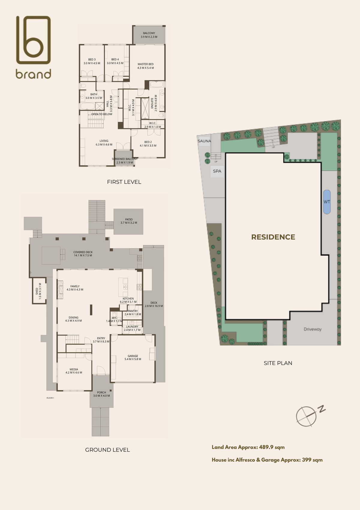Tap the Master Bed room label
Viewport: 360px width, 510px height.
point(145,66)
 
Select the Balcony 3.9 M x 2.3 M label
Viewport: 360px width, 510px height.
point(149,35)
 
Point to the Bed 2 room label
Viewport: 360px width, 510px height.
point(148,144)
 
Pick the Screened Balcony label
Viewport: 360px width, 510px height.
point(124,161)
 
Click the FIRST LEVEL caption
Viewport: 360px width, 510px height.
point(124,182)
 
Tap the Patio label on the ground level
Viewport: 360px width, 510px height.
point(129,221)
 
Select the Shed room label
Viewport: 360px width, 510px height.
point(38,291)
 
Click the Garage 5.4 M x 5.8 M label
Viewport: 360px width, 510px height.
point(133,358)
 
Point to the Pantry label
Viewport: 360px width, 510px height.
point(133,313)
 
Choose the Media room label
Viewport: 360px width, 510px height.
point(74,371)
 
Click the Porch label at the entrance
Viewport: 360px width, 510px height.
point(101,394)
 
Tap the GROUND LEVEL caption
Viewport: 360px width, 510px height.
point(107,450)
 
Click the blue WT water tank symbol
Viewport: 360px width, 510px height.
point(327,202)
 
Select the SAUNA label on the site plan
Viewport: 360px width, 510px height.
point(204,141)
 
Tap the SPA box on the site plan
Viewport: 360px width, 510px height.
point(217,171)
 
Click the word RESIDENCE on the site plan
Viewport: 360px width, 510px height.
point(273,237)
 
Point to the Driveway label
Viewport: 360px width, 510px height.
point(312,329)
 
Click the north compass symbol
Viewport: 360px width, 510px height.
point(307,416)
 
